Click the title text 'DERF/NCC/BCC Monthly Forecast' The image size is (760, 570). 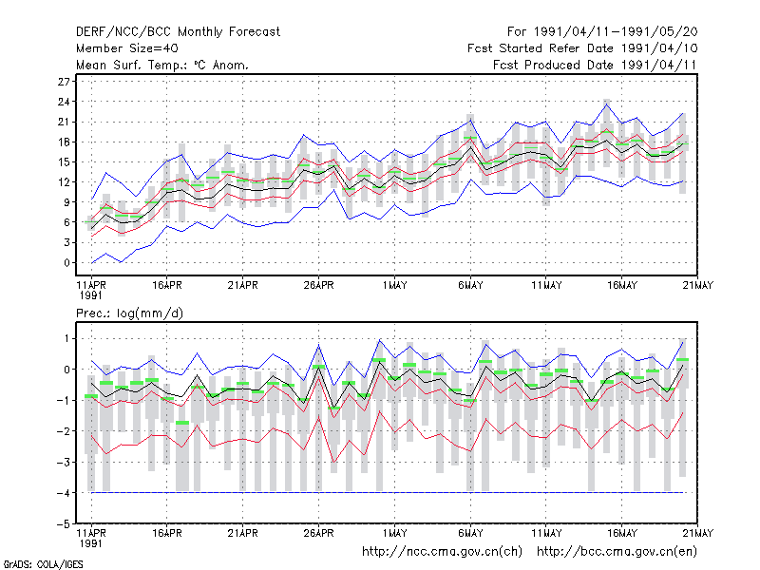178,32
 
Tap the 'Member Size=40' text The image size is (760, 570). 127,48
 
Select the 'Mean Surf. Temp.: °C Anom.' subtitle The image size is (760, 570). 161,65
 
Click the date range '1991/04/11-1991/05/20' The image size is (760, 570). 616,32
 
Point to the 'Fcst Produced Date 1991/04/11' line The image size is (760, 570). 595,65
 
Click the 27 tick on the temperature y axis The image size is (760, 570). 64,82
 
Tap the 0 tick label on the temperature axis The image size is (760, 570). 66,263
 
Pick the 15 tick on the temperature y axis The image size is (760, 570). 64,161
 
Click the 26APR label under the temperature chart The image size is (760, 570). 318,285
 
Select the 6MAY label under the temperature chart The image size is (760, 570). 470,285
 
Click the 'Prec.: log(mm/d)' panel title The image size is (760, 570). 129,313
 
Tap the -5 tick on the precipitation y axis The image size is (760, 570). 64,524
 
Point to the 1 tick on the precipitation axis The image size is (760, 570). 66,338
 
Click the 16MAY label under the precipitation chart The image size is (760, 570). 622,533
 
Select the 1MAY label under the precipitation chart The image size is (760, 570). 394,533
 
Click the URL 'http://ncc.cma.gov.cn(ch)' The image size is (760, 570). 442,552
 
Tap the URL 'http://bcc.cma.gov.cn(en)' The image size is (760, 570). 617,552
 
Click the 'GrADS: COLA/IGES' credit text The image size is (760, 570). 43,564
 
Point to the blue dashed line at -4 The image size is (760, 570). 388,492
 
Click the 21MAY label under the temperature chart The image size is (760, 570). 698,285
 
